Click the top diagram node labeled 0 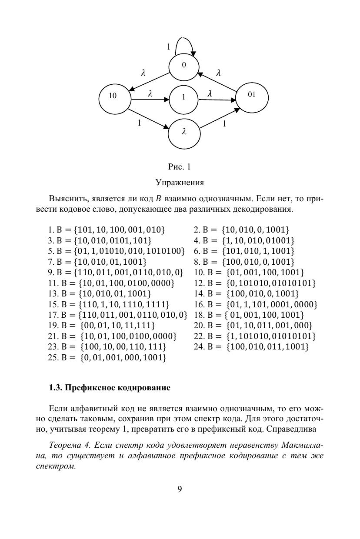pyautogui.click(x=184, y=66)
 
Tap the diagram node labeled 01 pyautogui.click(x=252, y=95)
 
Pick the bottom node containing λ pyautogui.click(x=184, y=132)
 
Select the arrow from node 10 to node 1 pyautogui.click(x=150, y=100)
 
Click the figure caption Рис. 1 pyautogui.click(x=180, y=167)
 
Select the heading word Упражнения pyautogui.click(x=180, y=182)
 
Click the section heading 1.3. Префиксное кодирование pyautogui.click(x=109, y=388)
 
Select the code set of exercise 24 pyautogui.click(x=267, y=347)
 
